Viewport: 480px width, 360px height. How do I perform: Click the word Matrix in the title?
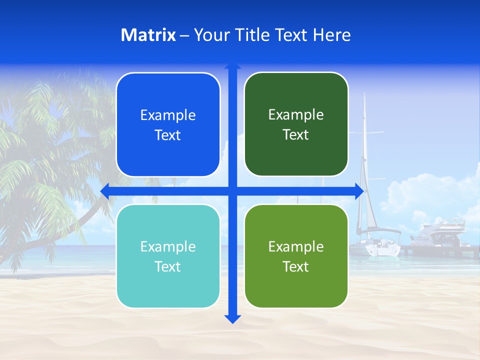(x=148, y=35)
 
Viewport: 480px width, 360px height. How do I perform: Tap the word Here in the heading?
(x=331, y=35)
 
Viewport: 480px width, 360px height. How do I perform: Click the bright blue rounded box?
(x=168, y=124)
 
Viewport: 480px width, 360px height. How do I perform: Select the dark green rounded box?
(x=296, y=124)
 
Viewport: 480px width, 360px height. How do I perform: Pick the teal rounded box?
(x=168, y=256)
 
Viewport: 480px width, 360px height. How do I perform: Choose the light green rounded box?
(x=296, y=256)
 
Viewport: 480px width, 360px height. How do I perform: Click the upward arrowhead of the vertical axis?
(x=232, y=66)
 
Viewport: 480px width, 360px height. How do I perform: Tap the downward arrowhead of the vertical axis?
(x=232, y=318)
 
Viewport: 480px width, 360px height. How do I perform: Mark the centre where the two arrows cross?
(x=232, y=191)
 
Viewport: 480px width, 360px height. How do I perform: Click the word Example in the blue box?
(x=168, y=115)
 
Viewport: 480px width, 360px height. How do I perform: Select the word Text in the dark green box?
(x=296, y=135)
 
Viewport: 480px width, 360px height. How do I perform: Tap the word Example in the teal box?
(x=168, y=246)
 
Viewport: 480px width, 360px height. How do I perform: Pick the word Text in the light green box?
(x=296, y=266)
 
